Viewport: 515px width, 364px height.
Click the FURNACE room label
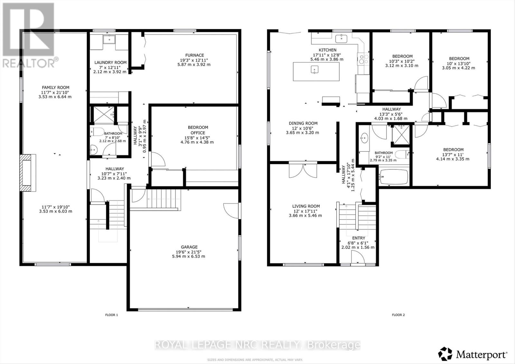pyautogui.click(x=194, y=55)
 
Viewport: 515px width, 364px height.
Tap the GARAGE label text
pyautogui.click(x=189, y=247)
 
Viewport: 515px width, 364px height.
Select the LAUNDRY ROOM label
pyautogui.click(x=110, y=62)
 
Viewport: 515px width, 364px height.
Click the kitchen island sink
pyautogui.click(x=314, y=69)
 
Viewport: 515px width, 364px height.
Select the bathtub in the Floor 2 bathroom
pyautogui.click(x=393, y=177)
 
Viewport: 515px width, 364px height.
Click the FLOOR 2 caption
pyautogui.click(x=398, y=315)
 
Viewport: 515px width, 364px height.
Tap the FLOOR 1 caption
pyautogui.click(x=112, y=315)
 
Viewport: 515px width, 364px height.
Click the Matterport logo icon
pyautogui.click(x=445, y=354)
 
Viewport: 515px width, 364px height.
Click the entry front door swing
pyautogui.click(x=358, y=258)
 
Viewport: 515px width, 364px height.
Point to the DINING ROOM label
pyautogui.click(x=303, y=123)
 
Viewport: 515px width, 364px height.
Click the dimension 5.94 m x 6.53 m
pyautogui.click(x=189, y=256)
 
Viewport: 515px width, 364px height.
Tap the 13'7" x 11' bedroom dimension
pyautogui.click(x=453, y=154)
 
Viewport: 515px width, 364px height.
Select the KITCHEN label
pyautogui.click(x=327, y=50)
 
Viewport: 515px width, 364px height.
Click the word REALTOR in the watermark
pyautogui.click(x=29, y=63)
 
